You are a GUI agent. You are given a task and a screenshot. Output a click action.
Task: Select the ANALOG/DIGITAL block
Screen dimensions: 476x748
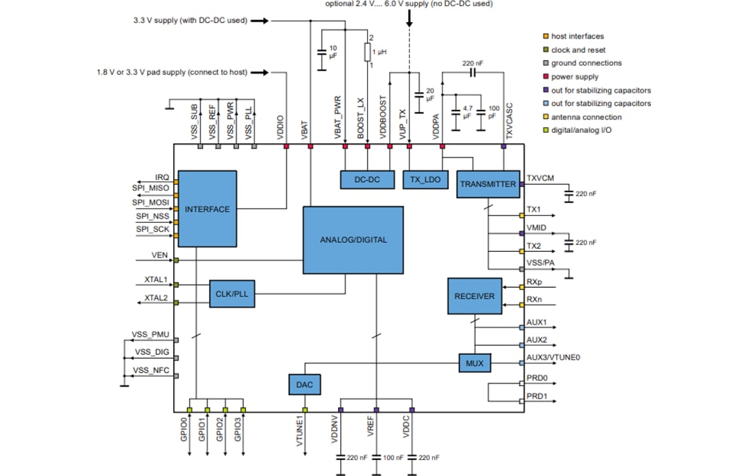coord(353,239)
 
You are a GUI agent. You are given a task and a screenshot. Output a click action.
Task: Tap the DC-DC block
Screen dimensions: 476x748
coord(366,179)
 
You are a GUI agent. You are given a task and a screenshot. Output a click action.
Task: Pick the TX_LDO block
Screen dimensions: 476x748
coord(425,179)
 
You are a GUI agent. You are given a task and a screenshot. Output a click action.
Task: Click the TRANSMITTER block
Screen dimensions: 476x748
coord(488,184)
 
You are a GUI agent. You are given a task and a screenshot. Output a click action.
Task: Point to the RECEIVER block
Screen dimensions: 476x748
coord(474,296)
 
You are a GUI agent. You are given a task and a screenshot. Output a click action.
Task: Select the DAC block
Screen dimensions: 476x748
coord(305,385)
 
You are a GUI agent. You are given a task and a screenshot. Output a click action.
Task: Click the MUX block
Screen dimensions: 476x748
coord(474,363)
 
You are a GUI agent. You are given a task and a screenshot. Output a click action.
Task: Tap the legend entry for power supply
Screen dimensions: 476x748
coord(574,77)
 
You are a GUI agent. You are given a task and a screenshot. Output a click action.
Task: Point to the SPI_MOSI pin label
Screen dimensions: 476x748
coord(151,202)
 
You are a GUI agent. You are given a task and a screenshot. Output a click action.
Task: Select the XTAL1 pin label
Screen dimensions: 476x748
coord(156,280)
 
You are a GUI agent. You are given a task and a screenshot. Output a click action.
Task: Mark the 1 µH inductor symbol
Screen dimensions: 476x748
coord(368,52)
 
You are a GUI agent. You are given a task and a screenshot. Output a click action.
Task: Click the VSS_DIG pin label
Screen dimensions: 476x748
coord(151,352)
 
